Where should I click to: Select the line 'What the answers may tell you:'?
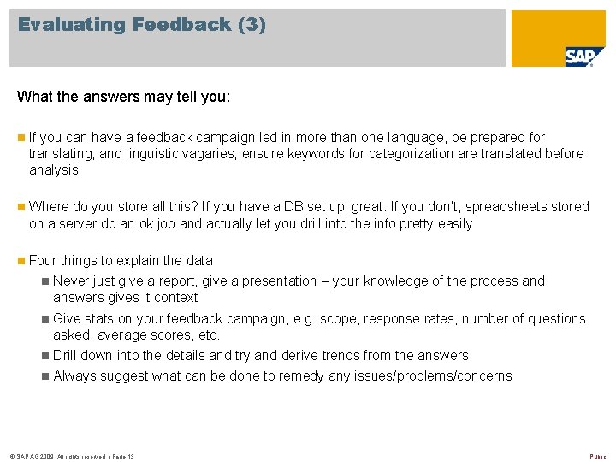[x=123, y=96]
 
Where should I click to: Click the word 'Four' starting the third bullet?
[x=42, y=260]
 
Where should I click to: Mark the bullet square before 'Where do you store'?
[x=21, y=206]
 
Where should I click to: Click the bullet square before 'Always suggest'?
[x=45, y=376]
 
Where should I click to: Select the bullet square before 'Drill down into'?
[x=45, y=356]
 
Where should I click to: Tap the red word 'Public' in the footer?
[x=597, y=457]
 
